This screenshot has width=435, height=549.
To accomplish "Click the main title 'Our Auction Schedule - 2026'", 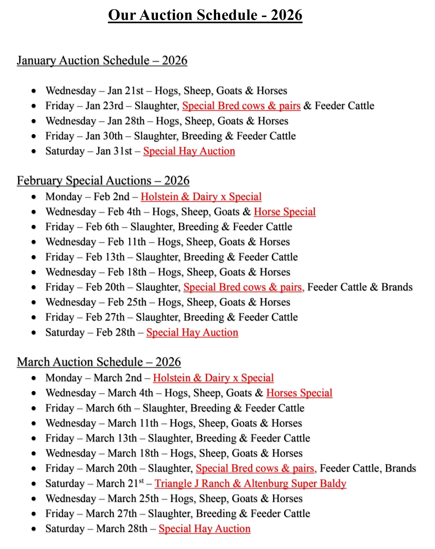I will [205, 15].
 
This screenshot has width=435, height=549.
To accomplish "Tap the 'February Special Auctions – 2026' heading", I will [103, 181].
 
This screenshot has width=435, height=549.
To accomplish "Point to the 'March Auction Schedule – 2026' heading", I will [99, 362].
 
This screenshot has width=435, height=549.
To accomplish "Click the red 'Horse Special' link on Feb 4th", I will [284, 212].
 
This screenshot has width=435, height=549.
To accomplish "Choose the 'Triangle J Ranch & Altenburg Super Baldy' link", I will [250, 484].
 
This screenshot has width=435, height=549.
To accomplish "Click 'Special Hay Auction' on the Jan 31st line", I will [189, 151].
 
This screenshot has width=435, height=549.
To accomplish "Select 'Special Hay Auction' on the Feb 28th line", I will [192, 333].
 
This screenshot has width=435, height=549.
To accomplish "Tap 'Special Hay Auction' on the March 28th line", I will [204, 529].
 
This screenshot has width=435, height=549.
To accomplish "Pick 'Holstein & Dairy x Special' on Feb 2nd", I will [201, 197].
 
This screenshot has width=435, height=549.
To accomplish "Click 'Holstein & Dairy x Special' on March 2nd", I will [213, 378].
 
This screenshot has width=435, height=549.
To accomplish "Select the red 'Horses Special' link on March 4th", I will [299, 393].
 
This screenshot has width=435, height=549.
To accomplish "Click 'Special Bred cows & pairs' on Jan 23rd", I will [241, 106].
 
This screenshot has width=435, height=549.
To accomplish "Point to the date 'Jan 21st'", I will [125, 91].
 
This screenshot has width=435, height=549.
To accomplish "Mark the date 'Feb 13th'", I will [105, 257].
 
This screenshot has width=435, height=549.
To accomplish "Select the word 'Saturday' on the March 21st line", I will [65, 484].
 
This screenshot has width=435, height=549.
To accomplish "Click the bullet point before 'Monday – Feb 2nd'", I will [34, 197].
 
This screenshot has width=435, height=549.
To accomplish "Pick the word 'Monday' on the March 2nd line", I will [64, 378].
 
